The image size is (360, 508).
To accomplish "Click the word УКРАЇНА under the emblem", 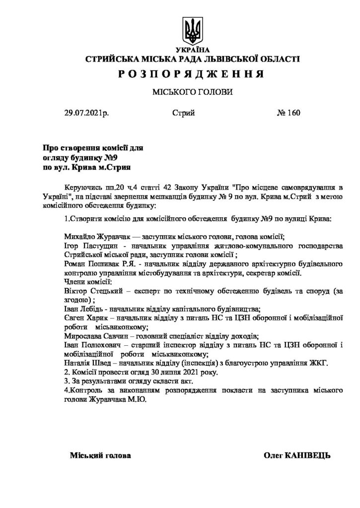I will click(x=193, y=51).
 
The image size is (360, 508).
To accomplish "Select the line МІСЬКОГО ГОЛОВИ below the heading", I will click(x=192, y=93).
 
